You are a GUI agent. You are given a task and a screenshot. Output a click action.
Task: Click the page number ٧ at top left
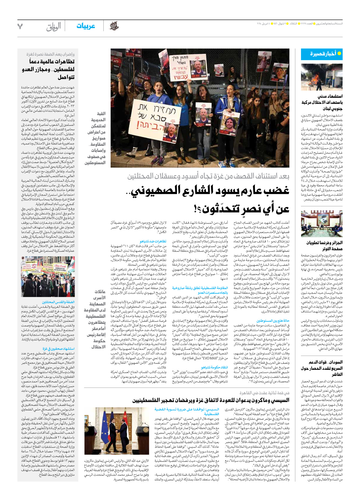(20, 26)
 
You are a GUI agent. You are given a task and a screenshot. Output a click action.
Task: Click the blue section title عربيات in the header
(86, 26)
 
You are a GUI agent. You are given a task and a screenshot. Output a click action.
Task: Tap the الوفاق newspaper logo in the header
(54, 27)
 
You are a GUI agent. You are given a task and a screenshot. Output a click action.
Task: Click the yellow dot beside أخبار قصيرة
(339, 54)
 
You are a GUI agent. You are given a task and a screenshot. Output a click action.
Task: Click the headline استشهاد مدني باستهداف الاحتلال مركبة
(322, 102)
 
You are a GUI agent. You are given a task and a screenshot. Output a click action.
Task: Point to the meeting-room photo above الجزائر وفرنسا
(322, 224)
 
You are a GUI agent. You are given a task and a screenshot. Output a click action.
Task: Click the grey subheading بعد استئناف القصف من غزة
(208, 176)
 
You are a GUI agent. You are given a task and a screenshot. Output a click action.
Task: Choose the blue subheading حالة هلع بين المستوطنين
(273, 321)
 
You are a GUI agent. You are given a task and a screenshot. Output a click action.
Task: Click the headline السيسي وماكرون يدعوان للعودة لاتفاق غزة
(211, 400)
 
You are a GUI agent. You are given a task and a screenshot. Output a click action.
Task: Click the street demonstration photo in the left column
(48, 277)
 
